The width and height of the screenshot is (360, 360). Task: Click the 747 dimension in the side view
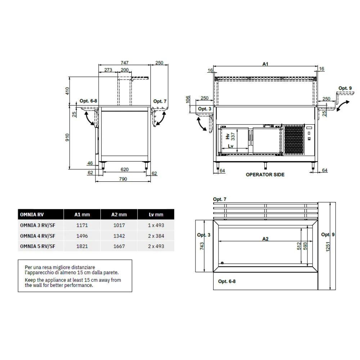[x=125, y=62]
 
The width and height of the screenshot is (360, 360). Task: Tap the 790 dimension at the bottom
[x=123, y=179]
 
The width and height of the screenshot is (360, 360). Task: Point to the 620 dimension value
[x=125, y=168]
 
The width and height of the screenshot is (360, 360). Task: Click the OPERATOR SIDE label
[x=265, y=175]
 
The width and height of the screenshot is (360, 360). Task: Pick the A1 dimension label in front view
[x=265, y=64]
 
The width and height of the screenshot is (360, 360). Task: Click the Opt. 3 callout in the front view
[x=204, y=109]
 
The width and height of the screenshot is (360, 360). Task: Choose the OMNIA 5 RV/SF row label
[x=38, y=246]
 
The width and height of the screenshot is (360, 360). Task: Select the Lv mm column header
[x=156, y=215]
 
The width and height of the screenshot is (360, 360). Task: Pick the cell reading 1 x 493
[x=156, y=225]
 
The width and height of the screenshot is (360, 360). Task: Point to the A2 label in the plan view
[x=265, y=239]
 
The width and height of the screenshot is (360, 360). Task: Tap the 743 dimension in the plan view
[x=202, y=246]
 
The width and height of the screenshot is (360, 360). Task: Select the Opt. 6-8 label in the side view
[x=89, y=102]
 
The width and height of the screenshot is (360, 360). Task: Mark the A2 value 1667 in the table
[x=119, y=246]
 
